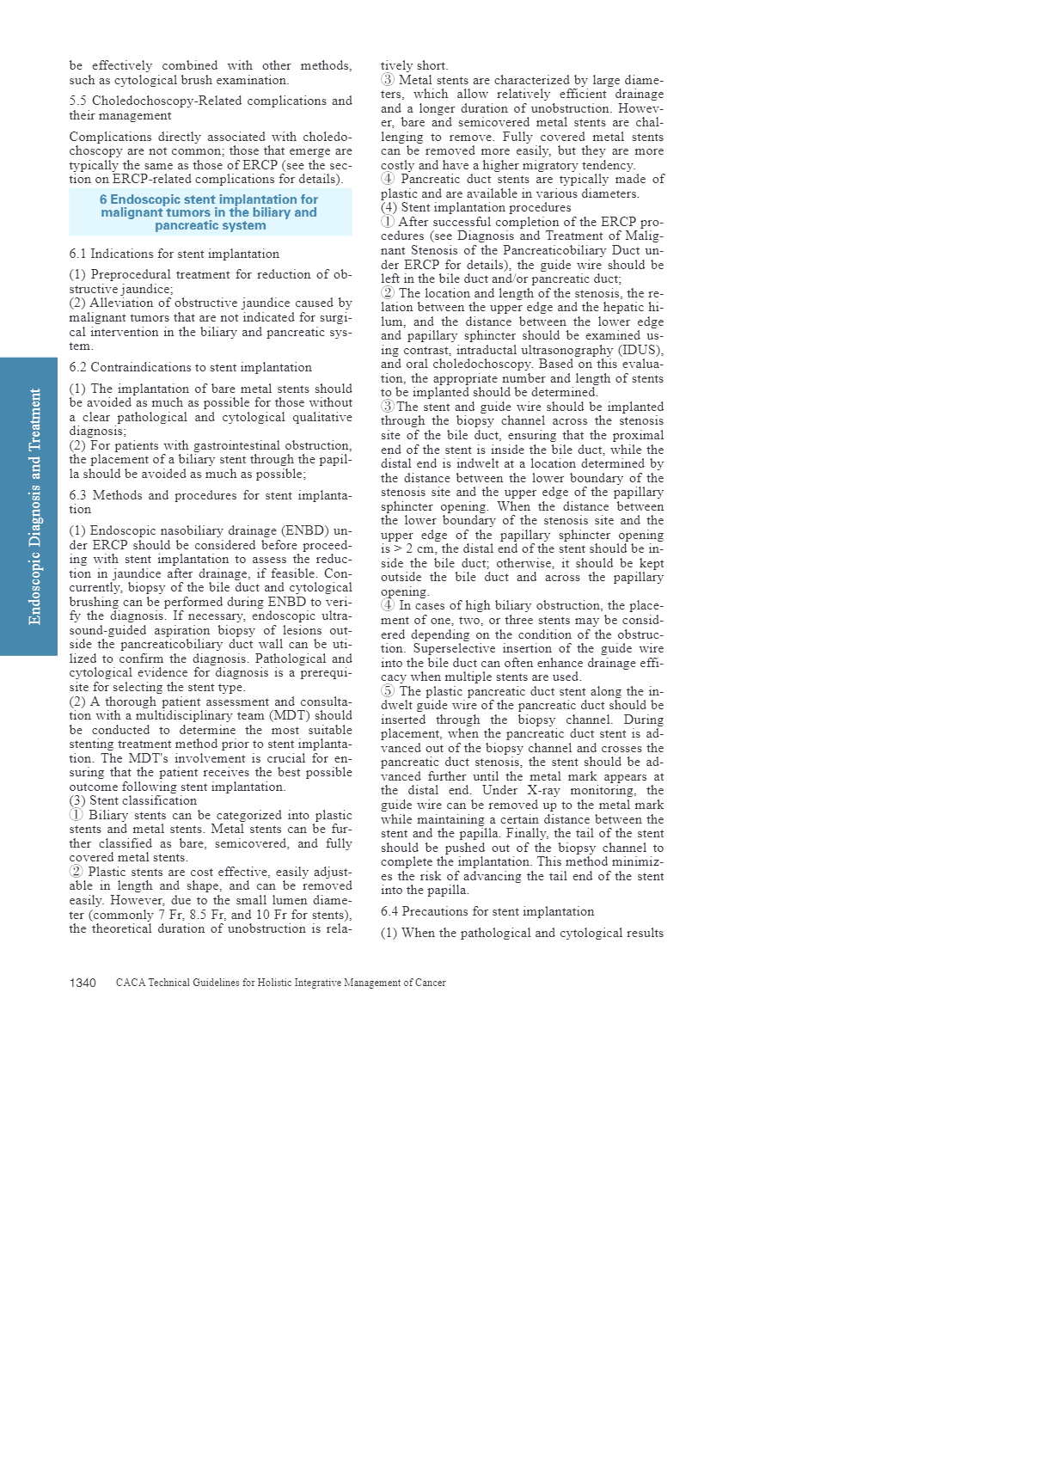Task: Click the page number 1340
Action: point(83,983)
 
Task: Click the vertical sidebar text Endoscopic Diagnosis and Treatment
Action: point(35,506)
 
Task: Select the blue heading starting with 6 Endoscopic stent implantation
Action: point(210,212)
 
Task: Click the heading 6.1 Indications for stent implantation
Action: point(174,254)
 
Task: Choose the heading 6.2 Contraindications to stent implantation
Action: point(191,367)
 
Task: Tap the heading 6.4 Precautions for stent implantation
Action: point(487,911)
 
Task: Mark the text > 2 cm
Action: point(414,548)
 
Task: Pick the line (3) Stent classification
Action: point(133,800)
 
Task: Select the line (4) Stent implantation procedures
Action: point(476,207)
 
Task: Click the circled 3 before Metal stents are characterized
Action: point(388,80)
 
